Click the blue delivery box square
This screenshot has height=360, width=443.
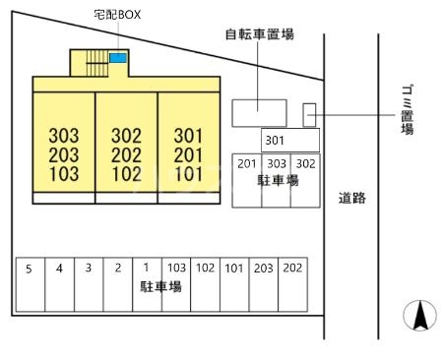pyautogui.click(x=117, y=59)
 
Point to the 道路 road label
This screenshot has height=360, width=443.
pyautogui.click(x=351, y=198)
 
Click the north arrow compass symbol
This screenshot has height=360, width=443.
pyautogui.click(x=417, y=316)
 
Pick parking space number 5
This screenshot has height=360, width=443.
pyautogui.click(x=30, y=268)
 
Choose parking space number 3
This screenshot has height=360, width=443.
pyautogui.click(x=89, y=268)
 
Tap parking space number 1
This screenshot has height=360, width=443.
pyautogui.click(x=147, y=268)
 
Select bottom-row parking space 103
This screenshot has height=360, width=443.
pyautogui.click(x=176, y=268)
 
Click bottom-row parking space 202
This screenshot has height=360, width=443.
pyautogui.click(x=292, y=268)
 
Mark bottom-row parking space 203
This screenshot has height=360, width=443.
pyautogui.click(x=264, y=268)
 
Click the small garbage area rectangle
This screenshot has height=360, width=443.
pyautogui.click(x=308, y=114)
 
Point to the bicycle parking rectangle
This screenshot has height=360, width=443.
pyautogui.click(x=259, y=112)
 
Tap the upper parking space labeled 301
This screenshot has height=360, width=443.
pyautogui.click(x=275, y=141)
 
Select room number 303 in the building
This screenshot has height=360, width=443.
pyautogui.click(x=63, y=135)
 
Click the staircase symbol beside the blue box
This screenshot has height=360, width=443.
pyautogui.click(x=95, y=66)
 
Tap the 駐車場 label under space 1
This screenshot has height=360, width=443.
pyautogui.click(x=160, y=287)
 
